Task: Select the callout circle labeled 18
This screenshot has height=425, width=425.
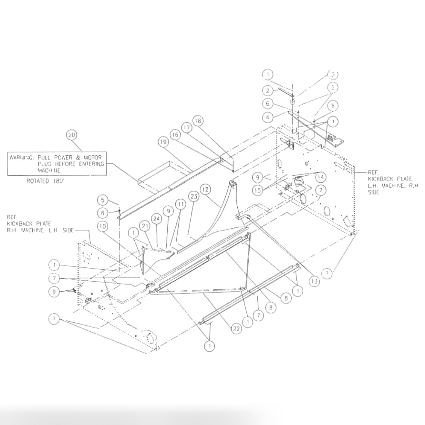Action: pyautogui.click(x=198, y=120)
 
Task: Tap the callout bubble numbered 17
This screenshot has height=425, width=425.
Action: pyautogui.click(x=187, y=127)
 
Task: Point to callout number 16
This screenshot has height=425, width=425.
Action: pyautogui.click(x=175, y=134)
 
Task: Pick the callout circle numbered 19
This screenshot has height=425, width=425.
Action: pyautogui.click(x=162, y=142)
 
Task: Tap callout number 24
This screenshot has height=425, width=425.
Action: pyautogui.click(x=156, y=219)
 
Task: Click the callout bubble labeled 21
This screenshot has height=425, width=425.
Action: pyautogui.click(x=144, y=225)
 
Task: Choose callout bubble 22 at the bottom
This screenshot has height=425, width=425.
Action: pyautogui.click(x=236, y=329)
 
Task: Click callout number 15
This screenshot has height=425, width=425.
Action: pyautogui.click(x=258, y=190)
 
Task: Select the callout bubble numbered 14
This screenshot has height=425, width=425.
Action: pyautogui.click(x=321, y=177)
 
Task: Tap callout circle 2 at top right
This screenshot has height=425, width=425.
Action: pyautogui.click(x=268, y=91)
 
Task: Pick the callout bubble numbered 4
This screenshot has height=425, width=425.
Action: pyautogui.click(x=268, y=117)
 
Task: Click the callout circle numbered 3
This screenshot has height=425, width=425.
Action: pyautogui.click(x=332, y=74)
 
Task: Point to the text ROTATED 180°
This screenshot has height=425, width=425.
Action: pyautogui.click(x=45, y=181)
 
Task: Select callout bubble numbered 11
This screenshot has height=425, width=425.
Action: pyautogui.click(x=181, y=204)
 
